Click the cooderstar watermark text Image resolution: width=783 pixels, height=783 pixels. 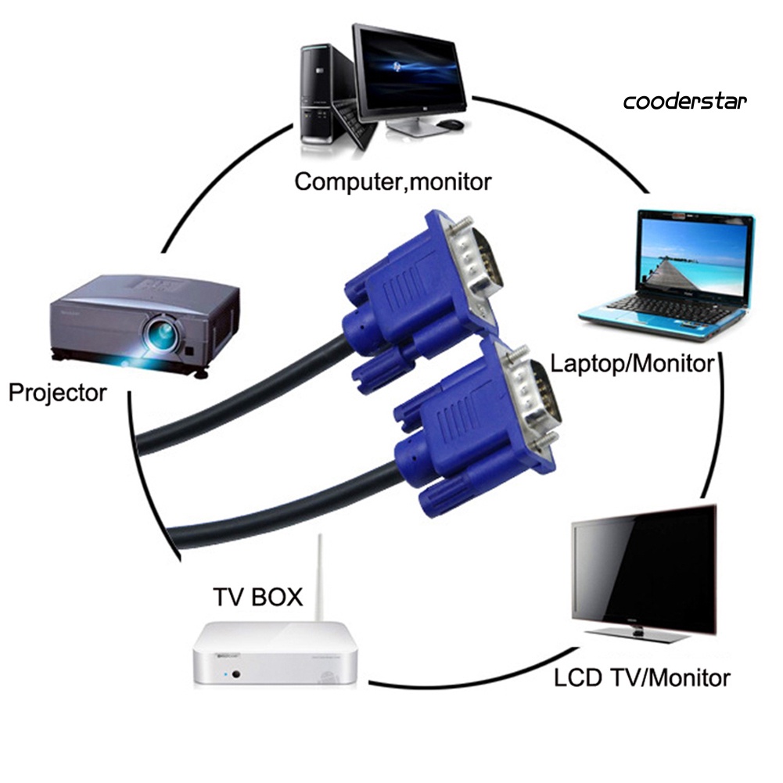[x=684, y=102]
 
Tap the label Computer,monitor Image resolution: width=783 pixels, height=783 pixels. [x=393, y=181]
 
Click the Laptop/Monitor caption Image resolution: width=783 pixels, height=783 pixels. [x=632, y=363]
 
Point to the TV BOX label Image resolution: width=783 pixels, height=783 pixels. [x=257, y=598]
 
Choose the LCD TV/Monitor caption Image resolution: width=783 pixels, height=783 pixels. [x=641, y=677]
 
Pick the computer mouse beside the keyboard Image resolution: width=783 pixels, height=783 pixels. [x=449, y=124]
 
